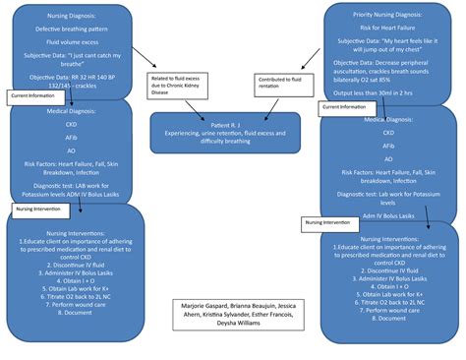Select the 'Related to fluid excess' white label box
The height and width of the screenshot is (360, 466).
click(x=177, y=86)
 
